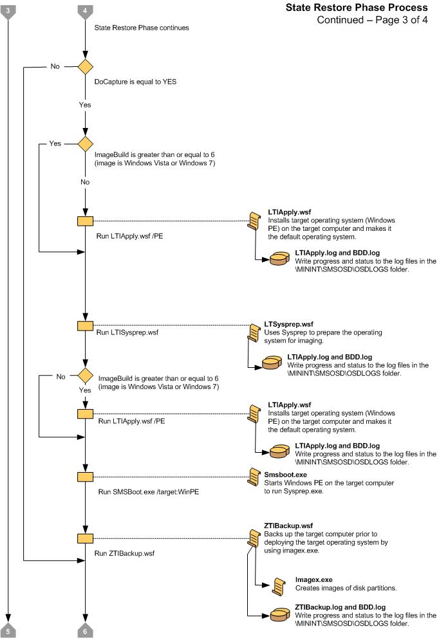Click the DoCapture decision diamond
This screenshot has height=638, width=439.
point(85,67)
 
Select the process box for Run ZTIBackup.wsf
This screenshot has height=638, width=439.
point(85,538)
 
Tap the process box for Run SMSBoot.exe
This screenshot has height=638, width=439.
point(85,477)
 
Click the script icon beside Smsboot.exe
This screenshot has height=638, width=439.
point(254,477)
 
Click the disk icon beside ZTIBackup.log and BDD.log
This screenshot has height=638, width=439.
point(278,614)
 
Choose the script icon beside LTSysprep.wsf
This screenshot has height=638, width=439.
point(254,331)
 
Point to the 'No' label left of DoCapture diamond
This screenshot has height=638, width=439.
point(56,67)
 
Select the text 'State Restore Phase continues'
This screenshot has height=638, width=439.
point(142,28)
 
